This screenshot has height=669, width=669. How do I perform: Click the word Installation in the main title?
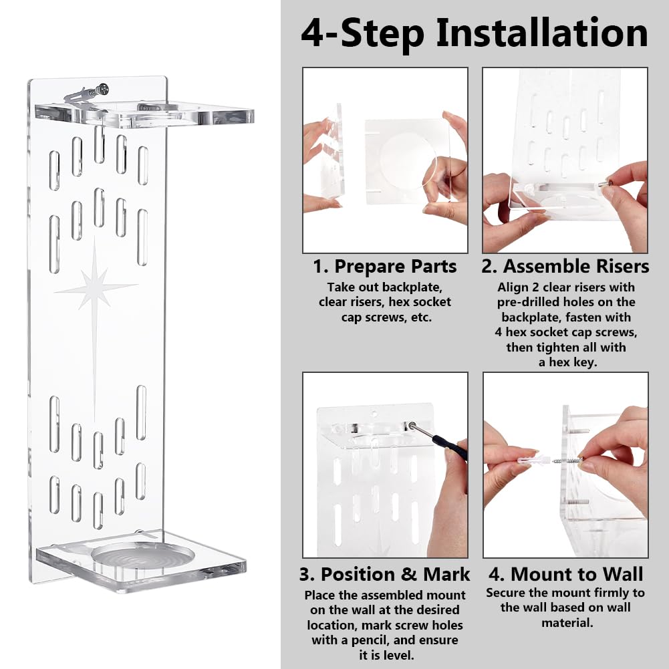(x=542, y=33)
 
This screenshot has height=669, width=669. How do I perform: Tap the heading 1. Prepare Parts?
(x=384, y=266)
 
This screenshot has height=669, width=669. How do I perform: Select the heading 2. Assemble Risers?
(x=565, y=266)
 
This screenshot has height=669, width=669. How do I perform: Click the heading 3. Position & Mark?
(x=384, y=574)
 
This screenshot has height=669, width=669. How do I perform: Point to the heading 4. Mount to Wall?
(x=566, y=574)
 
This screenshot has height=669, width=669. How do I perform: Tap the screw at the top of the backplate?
(x=102, y=90)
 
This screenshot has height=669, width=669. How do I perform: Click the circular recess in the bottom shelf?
(x=143, y=555)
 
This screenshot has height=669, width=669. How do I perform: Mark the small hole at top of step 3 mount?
(x=374, y=414)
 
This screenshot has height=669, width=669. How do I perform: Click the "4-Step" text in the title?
(x=363, y=33)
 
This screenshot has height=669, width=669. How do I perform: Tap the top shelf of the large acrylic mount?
(x=144, y=114)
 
